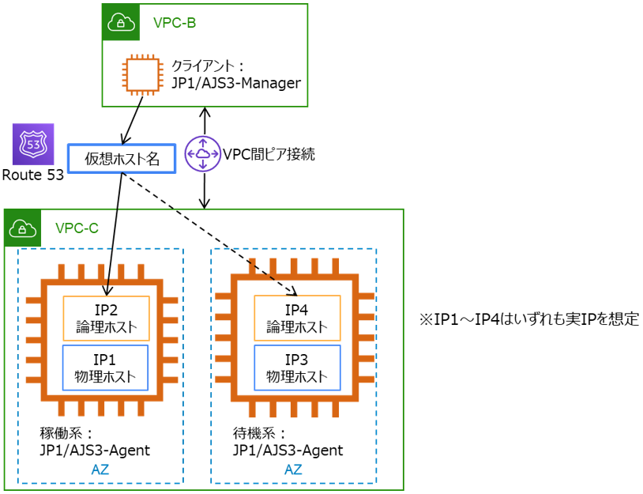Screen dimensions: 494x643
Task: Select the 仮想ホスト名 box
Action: tap(119, 158)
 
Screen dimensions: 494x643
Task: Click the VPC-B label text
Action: tap(174, 22)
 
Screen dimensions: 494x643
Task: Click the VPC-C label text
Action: tap(77, 228)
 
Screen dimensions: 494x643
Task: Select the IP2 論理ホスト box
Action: tap(106, 319)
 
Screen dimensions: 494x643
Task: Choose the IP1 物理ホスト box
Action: tap(106, 367)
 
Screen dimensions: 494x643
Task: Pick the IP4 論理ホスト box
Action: tap(297, 318)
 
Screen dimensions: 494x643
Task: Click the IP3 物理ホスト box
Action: tap(297, 367)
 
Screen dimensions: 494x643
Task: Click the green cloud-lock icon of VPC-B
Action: tap(121, 22)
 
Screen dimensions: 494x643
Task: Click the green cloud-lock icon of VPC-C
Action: tap(23, 228)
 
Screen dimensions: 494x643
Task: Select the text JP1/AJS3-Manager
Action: tap(236, 82)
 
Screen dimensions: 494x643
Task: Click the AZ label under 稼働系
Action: tap(100, 469)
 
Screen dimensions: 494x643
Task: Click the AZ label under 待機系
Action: tap(293, 469)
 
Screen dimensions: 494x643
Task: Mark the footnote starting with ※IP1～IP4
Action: tap(528, 320)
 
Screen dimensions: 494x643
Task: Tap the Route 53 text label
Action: tap(32, 175)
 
